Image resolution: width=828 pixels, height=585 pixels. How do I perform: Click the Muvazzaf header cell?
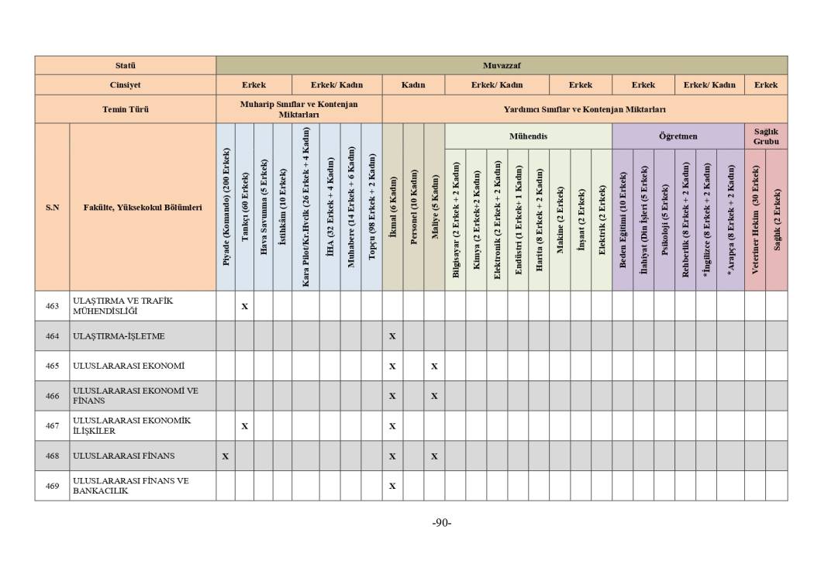point(501,66)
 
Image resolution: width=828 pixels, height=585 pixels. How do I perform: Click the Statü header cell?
point(125,66)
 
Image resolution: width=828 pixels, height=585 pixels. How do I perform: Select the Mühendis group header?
point(528,136)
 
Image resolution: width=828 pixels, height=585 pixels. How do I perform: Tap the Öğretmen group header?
point(678,136)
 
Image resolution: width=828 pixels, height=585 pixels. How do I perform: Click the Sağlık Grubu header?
point(765,136)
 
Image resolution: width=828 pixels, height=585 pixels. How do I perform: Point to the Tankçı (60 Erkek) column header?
point(245,208)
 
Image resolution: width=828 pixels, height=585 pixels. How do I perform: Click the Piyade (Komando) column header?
point(226,208)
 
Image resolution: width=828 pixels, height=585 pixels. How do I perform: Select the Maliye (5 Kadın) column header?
point(434,208)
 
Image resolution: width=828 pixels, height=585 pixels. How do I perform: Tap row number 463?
point(52,306)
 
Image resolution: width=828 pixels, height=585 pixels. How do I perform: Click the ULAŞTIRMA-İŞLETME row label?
point(119,336)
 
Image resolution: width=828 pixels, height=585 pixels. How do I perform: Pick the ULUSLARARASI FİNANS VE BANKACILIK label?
point(130,486)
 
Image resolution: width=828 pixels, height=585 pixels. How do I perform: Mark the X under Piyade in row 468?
point(226,456)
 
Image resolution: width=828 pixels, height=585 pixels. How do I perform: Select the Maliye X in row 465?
point(434,366)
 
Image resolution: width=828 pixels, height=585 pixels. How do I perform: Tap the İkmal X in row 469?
point(392,487)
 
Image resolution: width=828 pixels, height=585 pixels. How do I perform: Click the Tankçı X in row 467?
point(245,426)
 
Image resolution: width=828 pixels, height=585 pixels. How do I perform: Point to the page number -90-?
point(441,522)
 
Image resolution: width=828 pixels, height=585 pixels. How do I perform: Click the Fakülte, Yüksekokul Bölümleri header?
point(143,208)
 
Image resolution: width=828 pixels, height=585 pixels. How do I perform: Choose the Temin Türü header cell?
point(125,109)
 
